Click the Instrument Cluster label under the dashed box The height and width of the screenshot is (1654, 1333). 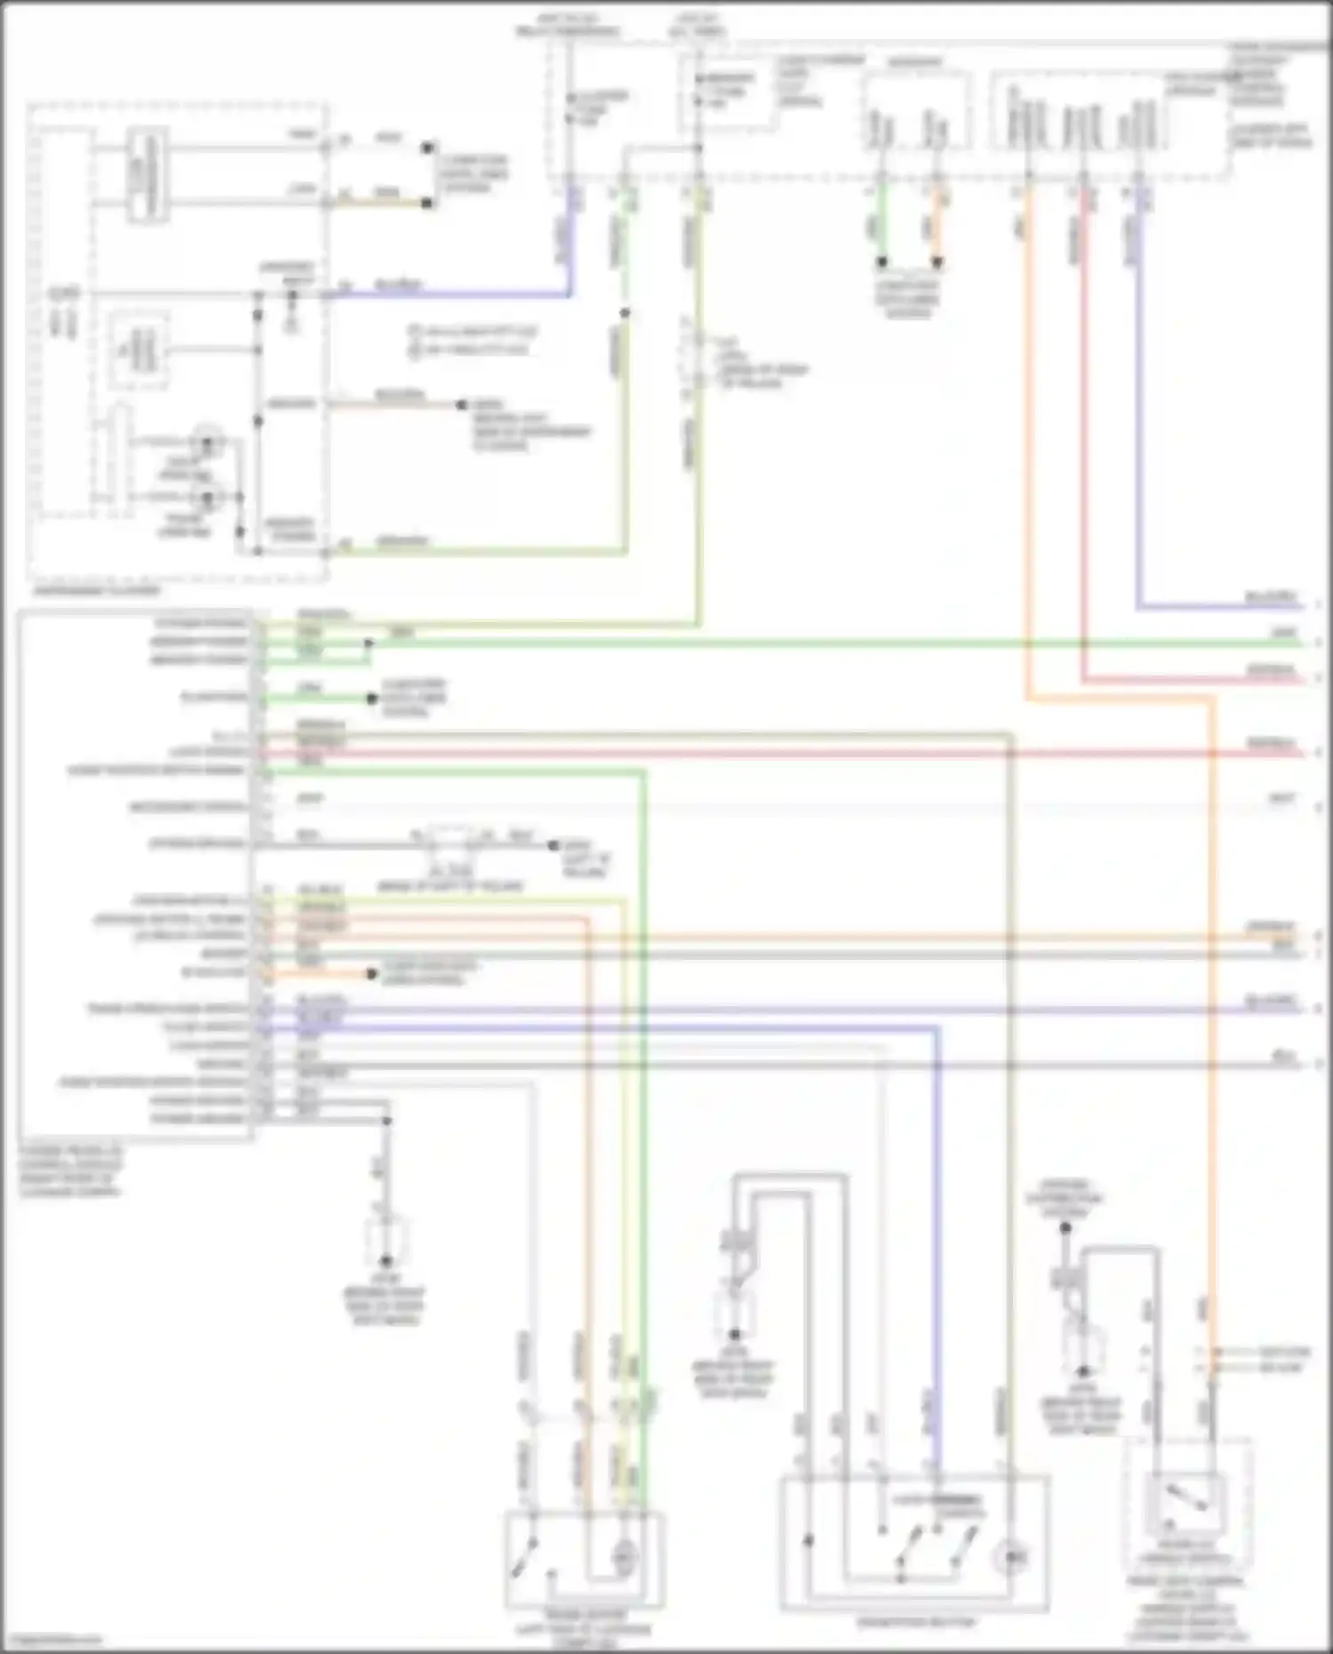[x=96, y=591]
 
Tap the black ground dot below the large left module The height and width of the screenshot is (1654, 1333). [x=386, y=1260]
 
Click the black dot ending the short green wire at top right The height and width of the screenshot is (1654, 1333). [x=882, y=262]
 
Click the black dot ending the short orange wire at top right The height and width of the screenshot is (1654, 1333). [x=937, y=262]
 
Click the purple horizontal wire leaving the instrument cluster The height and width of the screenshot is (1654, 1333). [x=444, y=293]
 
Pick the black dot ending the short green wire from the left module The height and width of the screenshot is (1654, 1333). [x=372, y=699]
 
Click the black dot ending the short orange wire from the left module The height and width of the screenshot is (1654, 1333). [x=373, y=974]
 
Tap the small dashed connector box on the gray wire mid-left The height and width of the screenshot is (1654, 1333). [x=451, y=839]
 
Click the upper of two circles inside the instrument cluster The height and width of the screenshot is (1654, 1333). [x=209, y=442]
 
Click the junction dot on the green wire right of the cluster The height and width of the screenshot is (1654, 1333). [x=625, y=313]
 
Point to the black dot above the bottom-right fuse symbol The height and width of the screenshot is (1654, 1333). [x=1066, y=1228]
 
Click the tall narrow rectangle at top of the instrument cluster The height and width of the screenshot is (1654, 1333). [x=147, y=175]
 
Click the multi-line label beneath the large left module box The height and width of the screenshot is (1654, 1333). [x=71, y=1171]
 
